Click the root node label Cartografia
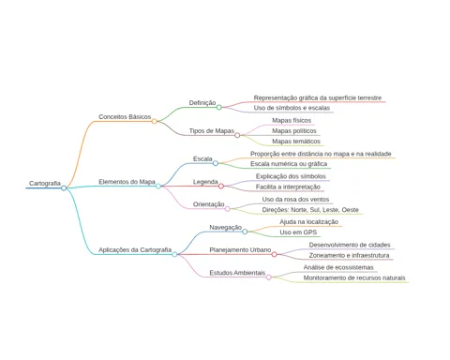[45, 184]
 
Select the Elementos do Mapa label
[127, 182]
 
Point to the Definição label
[202, 103]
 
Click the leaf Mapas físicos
[292, 120]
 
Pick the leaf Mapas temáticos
[296, 142]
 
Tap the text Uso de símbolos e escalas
[292, 108]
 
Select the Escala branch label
[202, 158]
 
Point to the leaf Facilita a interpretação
[288, 187]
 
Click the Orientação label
[208, 204]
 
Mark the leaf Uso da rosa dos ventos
[295, 200]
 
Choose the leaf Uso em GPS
[298, 232]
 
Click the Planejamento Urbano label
[240, 250]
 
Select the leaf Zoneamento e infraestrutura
[349, 255]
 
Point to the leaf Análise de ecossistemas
[338, 267]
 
